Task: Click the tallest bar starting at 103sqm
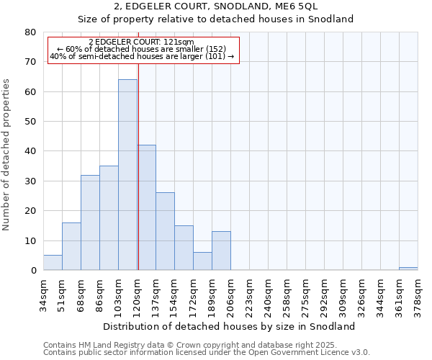(x=127, y=175)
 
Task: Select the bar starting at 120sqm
(x=146, y=207)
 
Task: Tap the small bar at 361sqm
(x=408, y=269)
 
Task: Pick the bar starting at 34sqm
(x=53, y=263)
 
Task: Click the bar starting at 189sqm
(x=221, y=251)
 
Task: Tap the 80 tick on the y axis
(x=30, y=32)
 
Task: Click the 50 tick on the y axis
(x=30, y=122)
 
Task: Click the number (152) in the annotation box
(x=214, y=49)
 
